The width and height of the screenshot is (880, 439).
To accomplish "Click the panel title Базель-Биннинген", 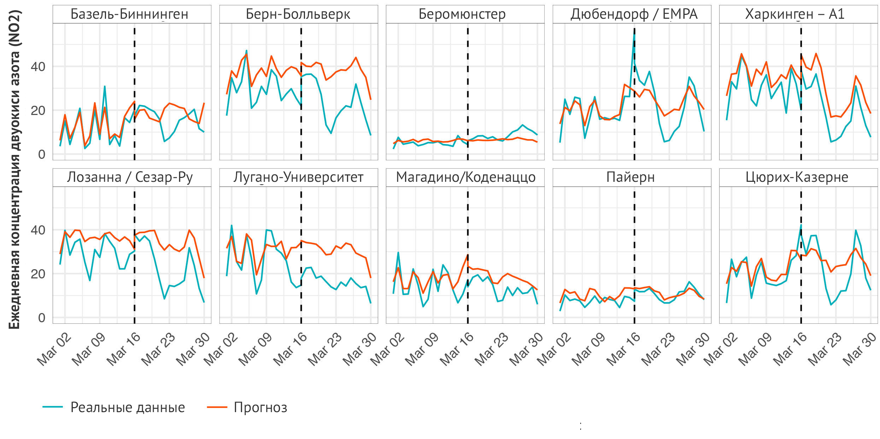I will pyautogui.click(x=129, y=14).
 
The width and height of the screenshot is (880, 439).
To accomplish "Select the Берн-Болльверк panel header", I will pyautogui.click(x=298, y=14).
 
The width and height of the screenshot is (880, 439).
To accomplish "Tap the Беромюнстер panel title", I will pyautogui.click(x=462, y=14).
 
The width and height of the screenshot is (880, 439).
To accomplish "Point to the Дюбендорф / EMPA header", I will pyautogui.click(x=634, y=14).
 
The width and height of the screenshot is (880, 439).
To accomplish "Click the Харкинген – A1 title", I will pyautogui.click(x=795, y=14).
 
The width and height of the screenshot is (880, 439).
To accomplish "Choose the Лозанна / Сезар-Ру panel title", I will pyautogui.click(x=130, y=177).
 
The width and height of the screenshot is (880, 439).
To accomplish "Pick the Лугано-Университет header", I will pyautogui.click(x=298, y=177).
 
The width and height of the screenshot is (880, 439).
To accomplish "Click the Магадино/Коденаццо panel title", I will pyautogui.click(x=465, y=177).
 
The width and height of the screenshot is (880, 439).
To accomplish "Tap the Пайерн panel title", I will pyautogui.click(x=630, y=177).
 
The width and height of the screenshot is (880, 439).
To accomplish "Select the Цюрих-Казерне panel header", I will pyautogui.click(x=797, y=177).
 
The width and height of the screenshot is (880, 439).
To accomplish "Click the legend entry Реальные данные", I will pyautogui.click(x=128, y=408).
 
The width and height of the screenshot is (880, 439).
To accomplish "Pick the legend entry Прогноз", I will pyautogui.click(x=260, y=408).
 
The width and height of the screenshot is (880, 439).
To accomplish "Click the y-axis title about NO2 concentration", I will pyautogui.click(x=15, y=170).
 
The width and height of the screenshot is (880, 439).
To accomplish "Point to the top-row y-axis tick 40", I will pyautogui.click(x=38, y=67).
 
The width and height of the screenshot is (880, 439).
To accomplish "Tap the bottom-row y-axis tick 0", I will pyautogui.click(x=42, y=318).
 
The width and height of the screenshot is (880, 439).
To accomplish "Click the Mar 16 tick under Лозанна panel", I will pyautogui.click(x=124, y=349).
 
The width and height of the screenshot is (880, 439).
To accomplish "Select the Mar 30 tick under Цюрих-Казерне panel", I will pyautogui.click(x=860, y=349).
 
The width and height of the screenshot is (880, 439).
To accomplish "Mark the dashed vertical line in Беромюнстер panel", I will pyautogui.click(x=468, y=88).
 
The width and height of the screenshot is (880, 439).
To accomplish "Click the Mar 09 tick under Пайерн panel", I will pyautogui.click(x=589, y=349).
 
